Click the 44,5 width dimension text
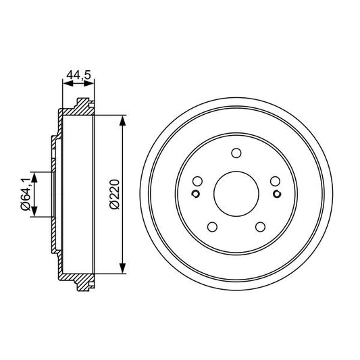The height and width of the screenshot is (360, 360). click(x=78, y=76)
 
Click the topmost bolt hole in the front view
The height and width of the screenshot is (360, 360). click(x=236, y=153)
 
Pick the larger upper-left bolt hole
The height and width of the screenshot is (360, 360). click(x=197, y=181)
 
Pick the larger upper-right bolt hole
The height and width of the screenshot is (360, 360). click(x=274, y=181)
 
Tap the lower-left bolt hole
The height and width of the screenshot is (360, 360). click(x=211, y=226)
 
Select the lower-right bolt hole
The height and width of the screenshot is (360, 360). click(x=259, y=226)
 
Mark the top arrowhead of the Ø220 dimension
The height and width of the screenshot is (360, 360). click(x=122, y=120)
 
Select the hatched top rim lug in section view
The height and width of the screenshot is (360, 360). click(x=82, y=105)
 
